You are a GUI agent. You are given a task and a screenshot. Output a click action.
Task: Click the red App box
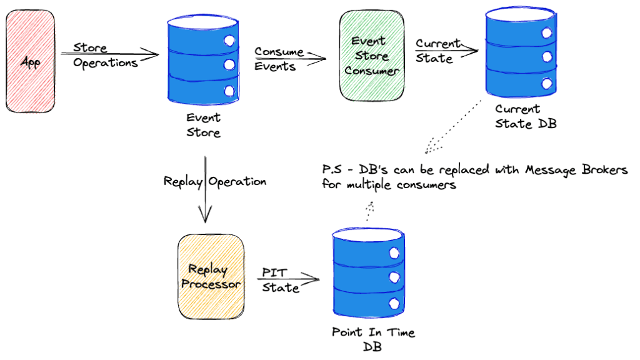pyautogui.click(x=31, y=62)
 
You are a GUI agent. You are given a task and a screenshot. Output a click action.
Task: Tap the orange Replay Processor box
pyautogui.click(x=208, y=276)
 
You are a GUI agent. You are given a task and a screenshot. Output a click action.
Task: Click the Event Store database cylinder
pyautogui.click(x=203, y=62)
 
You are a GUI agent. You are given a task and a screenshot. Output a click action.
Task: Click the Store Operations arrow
pyautogui.click(x=109, y=55)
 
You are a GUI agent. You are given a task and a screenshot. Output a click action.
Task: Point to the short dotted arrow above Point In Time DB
pyautogui.click(x=368, y=211)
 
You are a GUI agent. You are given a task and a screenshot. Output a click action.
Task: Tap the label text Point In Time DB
pyautogui.click(x=373, y=339)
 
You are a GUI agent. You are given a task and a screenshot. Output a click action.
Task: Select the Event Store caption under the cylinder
pyautogui.click(x=203, y=125)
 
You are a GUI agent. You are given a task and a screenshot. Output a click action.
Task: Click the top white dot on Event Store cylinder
pyautogui.click(x=229, y=41)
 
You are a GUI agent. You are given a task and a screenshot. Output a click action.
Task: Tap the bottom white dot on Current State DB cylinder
pyautogui.click(x=547, y=83)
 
